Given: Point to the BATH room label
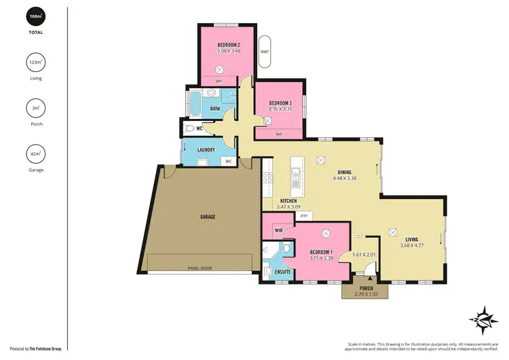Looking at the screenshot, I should point(215,108).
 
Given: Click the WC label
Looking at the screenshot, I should point(200,128).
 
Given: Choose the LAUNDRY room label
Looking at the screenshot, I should point(206,150).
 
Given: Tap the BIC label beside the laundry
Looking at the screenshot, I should point(229,162).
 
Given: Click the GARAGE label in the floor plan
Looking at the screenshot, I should point(207,217).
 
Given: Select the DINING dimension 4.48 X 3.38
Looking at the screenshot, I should point(345,179).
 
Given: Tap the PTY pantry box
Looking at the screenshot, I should point(303,216).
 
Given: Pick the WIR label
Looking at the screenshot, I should point(278,231).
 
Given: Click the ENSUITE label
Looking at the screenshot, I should point(283,272).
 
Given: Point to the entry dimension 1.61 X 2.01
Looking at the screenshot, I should point(364,255).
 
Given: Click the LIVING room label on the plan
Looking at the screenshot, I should point(412,239).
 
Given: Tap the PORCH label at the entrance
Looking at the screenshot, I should point(366,288).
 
